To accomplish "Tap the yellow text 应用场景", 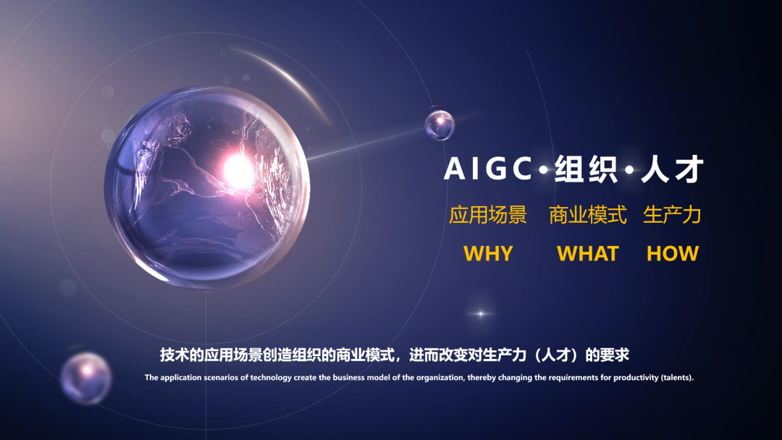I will tap(488, 215).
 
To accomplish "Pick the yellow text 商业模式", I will tap(587, 215).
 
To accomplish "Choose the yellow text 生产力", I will tap(672, 215).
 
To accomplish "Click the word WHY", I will tap(488, 253).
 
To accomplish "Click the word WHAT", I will tap(587, 253).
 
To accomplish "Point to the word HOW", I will tap(672, 253).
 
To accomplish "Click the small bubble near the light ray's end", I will tap(440, 125).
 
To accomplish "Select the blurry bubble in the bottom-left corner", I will tap(85, 377).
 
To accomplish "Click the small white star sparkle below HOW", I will tap(479, 313).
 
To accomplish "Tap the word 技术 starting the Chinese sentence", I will tap(172, 355).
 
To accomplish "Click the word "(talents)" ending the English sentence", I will tap(677, 377).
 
